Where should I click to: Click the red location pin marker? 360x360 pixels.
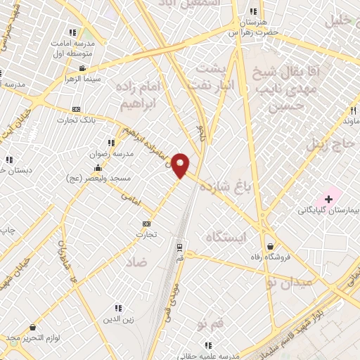(x=181, y=165)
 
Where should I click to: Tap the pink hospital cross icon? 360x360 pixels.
(x=328, y=200)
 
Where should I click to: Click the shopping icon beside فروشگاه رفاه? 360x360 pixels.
(x=271, y=246)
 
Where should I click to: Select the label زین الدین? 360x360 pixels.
(x=118, y=318)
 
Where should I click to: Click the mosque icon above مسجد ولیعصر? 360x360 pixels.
(x=98, y=168)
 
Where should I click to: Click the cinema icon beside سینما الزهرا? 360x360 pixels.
(x=83, y=68)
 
